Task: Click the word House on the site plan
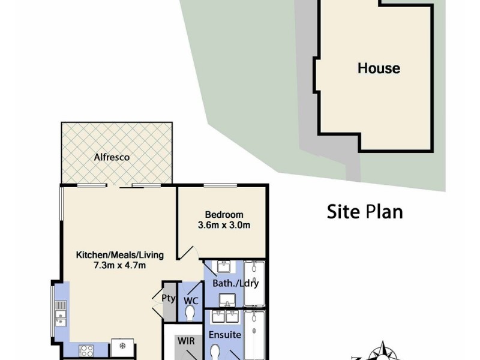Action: [x=379, y=68]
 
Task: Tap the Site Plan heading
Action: [x=364, y=211]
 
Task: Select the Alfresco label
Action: [x=112, y=157]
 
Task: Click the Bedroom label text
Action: [x=224, y=215]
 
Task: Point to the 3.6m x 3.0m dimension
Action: [x=224, y=226]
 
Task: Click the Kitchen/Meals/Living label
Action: [x=119, y=254]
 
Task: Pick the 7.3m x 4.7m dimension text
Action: [x=119, y=265]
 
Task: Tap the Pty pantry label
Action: [x=168, y=297]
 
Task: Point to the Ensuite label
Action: [x=224, y=334]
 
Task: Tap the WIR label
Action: [x=185, y=341]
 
